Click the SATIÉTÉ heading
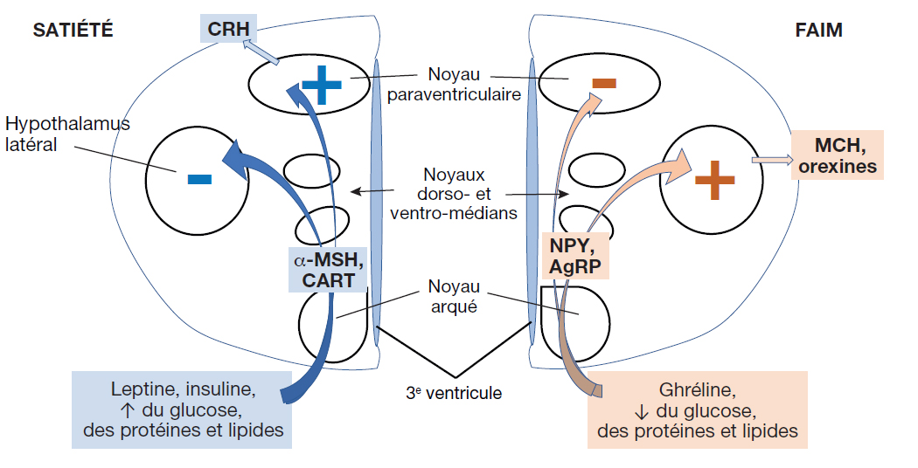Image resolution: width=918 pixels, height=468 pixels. (73, 31)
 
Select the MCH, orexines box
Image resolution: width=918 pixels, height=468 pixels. (838, 155)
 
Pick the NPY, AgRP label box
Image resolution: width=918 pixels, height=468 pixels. (575, 255)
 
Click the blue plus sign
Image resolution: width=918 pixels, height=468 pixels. (321, 85)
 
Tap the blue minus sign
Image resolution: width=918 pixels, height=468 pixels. (199, 180)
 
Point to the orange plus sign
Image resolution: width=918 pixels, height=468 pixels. (714, 180)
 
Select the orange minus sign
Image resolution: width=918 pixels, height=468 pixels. (604, 84)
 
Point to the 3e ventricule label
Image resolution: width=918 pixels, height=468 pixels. (455, 393)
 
